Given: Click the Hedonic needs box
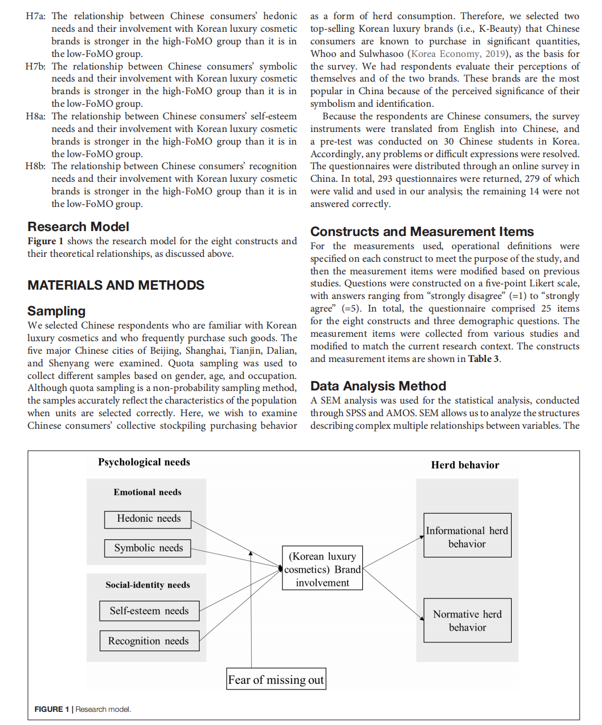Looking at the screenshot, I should pos(148,519).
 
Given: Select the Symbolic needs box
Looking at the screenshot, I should pos(148,548).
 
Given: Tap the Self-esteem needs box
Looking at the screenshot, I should pos(149,611).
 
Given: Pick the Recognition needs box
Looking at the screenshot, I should pos(149,641).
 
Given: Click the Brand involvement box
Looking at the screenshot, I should pos(322,568).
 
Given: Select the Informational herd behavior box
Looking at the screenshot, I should pos(467,536).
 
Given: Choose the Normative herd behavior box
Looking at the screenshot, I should pos(467,620).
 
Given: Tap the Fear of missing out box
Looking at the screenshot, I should pos(276,679).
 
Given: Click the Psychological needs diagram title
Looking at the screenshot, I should pos(144,462).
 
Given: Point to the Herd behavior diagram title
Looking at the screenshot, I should pos(465,465).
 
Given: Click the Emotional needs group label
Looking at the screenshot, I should pos(147,492).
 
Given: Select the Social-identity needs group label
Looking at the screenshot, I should pos(148,585).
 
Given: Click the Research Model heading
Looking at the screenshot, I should pos(78,227).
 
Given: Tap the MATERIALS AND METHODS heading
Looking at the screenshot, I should pos(116,285).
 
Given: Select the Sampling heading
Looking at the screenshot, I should pos(56,311).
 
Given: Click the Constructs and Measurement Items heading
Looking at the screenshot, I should pos(422,232).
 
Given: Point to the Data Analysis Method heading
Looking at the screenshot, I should pos(378,386).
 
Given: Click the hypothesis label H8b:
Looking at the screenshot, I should pos(36,166).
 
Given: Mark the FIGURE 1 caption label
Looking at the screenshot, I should pos(51,709).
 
